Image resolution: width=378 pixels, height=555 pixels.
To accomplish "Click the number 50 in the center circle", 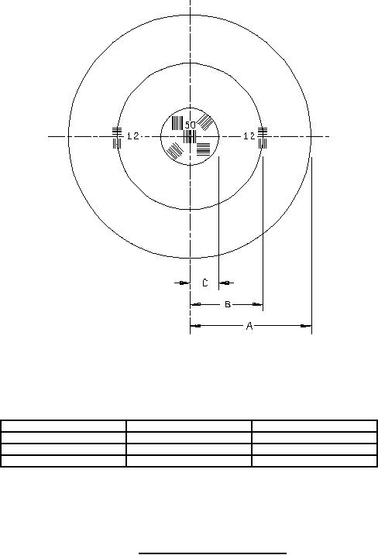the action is tap(191, 125).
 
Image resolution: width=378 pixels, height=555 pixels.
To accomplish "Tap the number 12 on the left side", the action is tap(133, 136).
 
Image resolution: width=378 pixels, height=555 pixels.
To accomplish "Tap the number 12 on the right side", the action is tap(249, 136).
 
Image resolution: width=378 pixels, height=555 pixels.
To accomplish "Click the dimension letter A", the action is tap(249, 326).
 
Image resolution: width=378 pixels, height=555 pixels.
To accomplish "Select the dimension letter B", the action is tap(228, 304).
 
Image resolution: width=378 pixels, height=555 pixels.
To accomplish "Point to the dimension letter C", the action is tap(205, 283).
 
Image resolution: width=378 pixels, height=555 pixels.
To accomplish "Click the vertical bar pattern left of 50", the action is tap(177, 123).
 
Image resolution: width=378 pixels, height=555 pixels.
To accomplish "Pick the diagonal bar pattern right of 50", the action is tap(205, 122).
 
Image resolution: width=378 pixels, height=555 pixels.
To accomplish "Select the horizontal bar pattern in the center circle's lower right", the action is tap(204, 149).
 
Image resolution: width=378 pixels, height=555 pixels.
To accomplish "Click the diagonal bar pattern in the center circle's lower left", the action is tap(174, 151).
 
